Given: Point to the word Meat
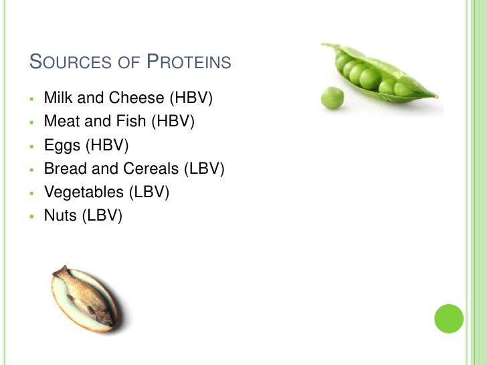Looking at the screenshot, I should pyautogui.click(x=59, y=122).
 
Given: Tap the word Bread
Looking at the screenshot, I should pyautogui.click(x=64, y=168).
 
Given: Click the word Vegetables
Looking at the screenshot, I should pyautogui.click(x=84, y=193).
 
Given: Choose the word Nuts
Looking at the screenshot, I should pyautogui.click(x=59, y=215).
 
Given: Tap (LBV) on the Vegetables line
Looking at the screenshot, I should pyautogui.click(x=149, y=193).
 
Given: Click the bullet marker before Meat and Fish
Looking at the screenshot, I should pyautogui.click(x=31, y=122).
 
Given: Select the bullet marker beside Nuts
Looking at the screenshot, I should pyautogui.click(x=31, y=216).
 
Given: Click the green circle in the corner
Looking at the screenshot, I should pyautogui.click(x=449, y=318).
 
